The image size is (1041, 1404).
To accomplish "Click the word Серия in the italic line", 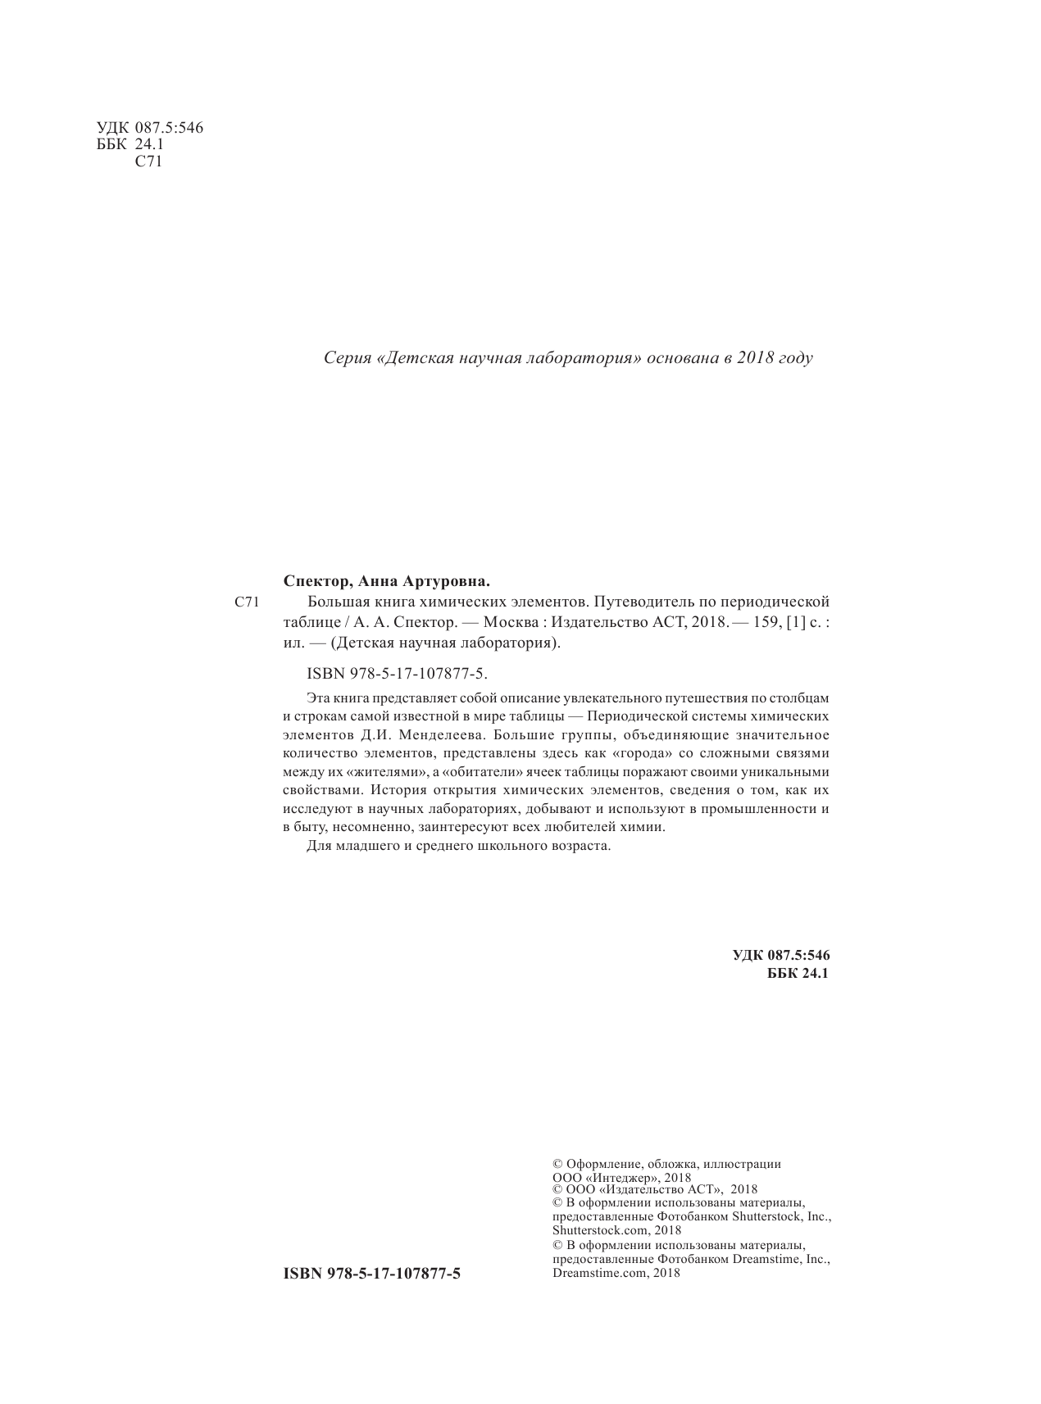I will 345,359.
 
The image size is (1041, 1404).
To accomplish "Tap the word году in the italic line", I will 793,359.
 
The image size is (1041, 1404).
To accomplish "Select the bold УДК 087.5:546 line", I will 781,955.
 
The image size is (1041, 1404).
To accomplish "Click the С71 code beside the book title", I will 245,603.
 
